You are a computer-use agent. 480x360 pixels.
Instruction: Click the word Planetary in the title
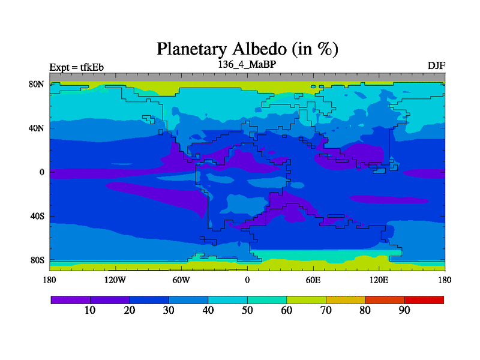(x=191, y=49)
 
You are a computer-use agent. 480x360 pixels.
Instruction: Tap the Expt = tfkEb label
(x=77, y=67)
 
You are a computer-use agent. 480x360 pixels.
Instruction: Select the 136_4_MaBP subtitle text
(x=247, y=64)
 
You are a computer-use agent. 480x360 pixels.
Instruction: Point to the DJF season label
(x=436, y=65)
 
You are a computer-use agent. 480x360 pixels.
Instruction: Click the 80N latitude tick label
(x=37, y=84)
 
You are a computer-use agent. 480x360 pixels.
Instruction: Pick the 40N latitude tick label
(x=37, y=128)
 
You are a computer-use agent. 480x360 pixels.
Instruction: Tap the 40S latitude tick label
(x=37, y=216)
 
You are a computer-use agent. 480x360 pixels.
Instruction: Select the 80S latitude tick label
(x=37, y=260)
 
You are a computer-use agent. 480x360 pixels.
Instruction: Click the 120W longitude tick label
(x=115, y=280)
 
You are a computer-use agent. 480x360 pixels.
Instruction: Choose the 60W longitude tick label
(x=181, y=280)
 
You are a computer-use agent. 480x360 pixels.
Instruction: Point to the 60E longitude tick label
(x=313, y=280)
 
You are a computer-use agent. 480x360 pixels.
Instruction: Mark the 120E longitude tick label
(x=379, y=280)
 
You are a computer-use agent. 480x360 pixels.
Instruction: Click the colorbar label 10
(x=90, y=310)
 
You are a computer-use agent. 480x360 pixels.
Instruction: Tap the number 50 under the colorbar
(x=247, y=310)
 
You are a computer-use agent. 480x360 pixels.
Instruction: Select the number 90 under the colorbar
(x=404, y=310)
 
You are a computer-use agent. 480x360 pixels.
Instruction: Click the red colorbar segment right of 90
(x=424, y=300)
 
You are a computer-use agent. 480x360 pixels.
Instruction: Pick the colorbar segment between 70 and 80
(x=346, y=300)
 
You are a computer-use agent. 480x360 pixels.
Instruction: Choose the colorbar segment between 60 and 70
(x=307, y=300)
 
